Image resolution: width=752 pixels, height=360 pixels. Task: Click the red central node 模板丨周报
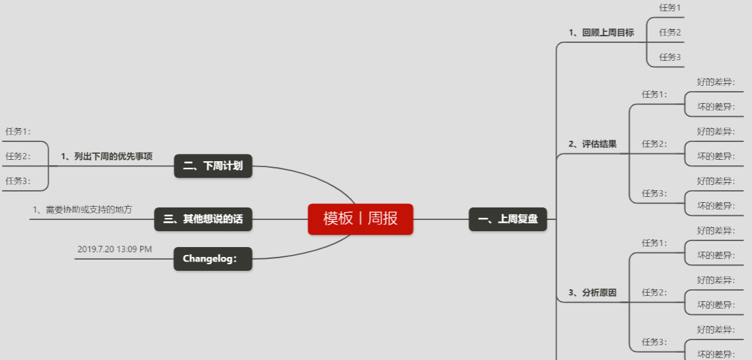point(360,219)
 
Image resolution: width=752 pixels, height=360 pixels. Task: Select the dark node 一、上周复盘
point(508,219)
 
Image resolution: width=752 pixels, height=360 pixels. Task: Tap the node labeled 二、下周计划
point(213,166)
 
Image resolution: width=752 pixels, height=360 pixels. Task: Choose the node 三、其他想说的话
point(203,219)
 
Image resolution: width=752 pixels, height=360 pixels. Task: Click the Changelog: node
point(213,259)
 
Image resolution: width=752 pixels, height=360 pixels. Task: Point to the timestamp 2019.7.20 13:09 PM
point(115,249)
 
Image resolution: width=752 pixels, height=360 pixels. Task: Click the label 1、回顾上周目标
point(601,32)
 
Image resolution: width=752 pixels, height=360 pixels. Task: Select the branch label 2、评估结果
point(592,144)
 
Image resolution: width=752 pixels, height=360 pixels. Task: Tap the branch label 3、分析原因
point(592,293)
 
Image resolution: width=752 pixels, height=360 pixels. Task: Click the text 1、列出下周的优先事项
point(106,157)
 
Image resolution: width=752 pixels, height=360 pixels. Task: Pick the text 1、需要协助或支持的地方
point(82,209)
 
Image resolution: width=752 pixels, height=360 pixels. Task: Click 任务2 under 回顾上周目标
point(669,32)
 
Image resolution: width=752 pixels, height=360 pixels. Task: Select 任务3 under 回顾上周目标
point(669,57)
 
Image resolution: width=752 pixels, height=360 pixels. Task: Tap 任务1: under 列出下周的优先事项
point(18,131)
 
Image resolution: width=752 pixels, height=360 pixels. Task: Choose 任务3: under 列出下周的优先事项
point(18,181)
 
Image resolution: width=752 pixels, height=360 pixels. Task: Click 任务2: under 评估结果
point(654,144)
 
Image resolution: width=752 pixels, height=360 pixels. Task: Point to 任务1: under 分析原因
point(654,243)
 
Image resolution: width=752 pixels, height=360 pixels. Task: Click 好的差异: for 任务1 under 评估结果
point(716,82)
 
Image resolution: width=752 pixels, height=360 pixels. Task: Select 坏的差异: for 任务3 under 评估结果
point(716,205)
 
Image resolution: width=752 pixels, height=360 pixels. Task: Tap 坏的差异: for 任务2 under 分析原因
point(716,305)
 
